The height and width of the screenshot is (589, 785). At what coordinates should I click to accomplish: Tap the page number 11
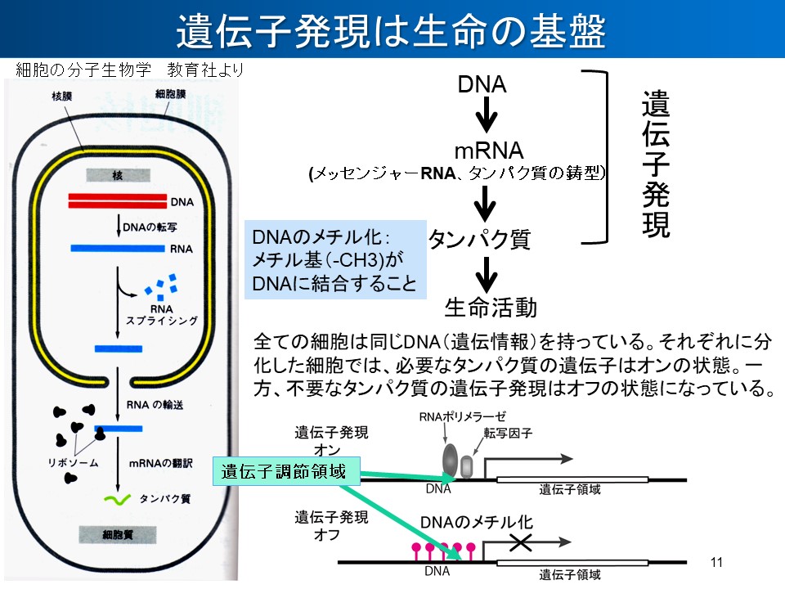click(x=718, y=561)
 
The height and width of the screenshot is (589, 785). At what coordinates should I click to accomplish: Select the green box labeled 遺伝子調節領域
click(x=284, y=471)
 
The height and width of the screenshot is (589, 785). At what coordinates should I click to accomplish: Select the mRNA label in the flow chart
click(x=489, y=152)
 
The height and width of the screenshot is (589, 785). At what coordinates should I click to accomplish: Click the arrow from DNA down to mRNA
click(x=487, y=115)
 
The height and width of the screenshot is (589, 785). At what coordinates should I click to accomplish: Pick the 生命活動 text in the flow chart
click(x=491, y=307)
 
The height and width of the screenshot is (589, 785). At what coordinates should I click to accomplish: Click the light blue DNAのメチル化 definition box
click(x=336, y=260)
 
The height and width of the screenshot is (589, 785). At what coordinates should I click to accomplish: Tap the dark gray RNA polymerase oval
click(x=451, y=460)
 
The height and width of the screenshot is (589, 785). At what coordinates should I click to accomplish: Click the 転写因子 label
click(x=508, y=434)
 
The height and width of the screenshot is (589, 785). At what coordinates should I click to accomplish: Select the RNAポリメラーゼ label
click(x=452, y=416)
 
